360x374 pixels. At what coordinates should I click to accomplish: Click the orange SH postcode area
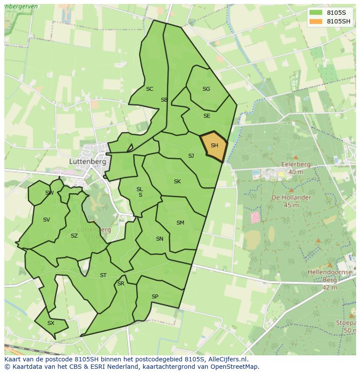(x=214, y=146)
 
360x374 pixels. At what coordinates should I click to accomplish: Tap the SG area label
(x=206, y=89)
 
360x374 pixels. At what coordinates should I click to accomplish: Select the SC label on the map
(x=150, y=89)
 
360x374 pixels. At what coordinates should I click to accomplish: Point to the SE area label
(x=207, y=116)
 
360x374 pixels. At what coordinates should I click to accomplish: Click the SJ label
(x=191, y=156)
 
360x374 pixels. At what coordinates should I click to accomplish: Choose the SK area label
(x=177, y=182)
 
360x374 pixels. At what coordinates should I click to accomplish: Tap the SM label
(x=180, y=223)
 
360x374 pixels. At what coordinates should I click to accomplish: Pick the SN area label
(x=160, y=239)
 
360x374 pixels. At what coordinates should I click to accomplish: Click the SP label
(x=155, y=297)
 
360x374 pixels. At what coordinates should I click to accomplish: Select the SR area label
(x=121, y=284)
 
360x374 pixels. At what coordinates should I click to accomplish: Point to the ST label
(x=103, y=275)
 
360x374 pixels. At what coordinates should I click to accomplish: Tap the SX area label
(x=51, y=323)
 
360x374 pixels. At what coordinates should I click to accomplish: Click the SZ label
(x=74, y=236)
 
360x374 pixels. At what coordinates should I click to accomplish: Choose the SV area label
(x=47, y=220)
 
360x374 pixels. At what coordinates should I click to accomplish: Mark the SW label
(x=49, y=193)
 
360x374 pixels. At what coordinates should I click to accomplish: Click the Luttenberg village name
(x=87, y=161)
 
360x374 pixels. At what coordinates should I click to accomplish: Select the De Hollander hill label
(x=291, y=197)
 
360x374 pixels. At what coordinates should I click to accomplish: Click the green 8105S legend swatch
(x=316, y=12)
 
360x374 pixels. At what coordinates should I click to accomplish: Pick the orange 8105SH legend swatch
(x=316, y=21)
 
